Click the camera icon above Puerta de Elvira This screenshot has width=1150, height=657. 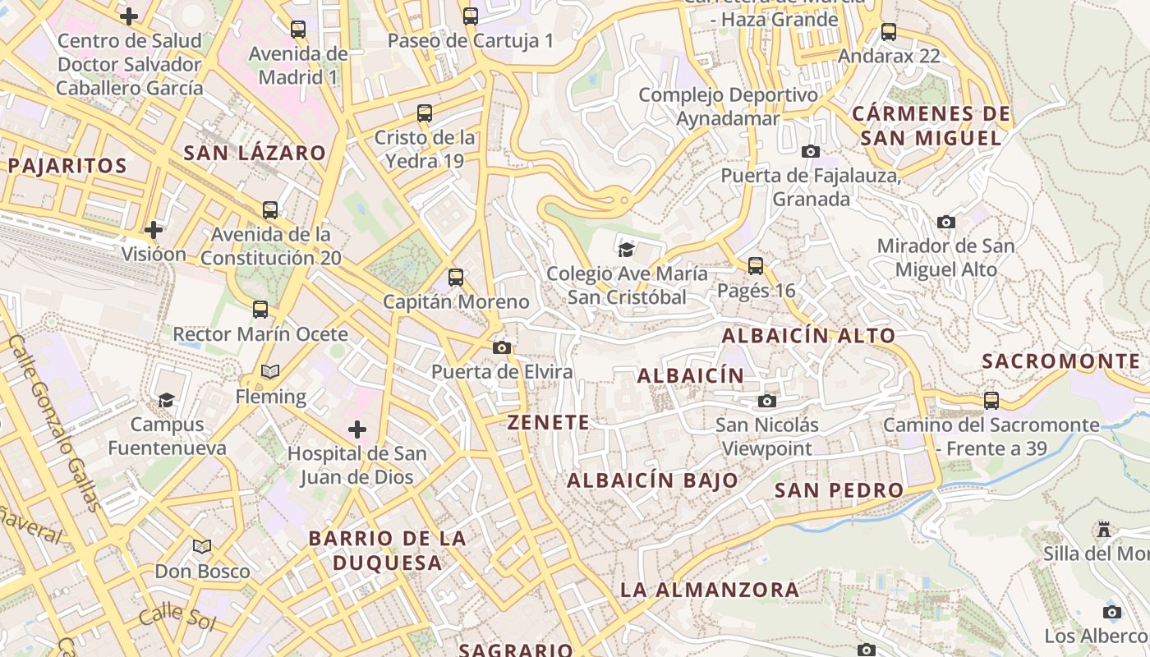pos(502,348)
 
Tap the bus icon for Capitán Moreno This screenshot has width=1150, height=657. pos(456,278)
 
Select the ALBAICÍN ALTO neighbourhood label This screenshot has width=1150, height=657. pos(808,335)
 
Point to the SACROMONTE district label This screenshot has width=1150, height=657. pos(1060,361)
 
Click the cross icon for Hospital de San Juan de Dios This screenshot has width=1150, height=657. pos(357,430)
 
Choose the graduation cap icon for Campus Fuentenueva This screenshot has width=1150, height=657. pos(167,400)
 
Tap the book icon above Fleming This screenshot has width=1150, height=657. pos(270,372)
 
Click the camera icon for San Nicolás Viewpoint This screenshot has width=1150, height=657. pos(767,401)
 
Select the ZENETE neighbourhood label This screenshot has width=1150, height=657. pos(549,422)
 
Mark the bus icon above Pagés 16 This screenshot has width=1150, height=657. pos(756,266)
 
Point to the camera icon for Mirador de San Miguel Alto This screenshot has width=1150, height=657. pos(946,222)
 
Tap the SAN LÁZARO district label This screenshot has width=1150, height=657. pos(255,153)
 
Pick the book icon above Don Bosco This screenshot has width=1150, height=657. pos(202,546)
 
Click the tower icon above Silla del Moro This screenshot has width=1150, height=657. pos(1104,530)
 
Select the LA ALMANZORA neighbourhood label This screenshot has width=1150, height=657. pos(709,590)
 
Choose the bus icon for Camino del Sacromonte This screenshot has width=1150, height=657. pos(991,401)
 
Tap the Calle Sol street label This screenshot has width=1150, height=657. pos(177,617)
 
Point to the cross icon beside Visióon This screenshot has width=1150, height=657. pos(154,230)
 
